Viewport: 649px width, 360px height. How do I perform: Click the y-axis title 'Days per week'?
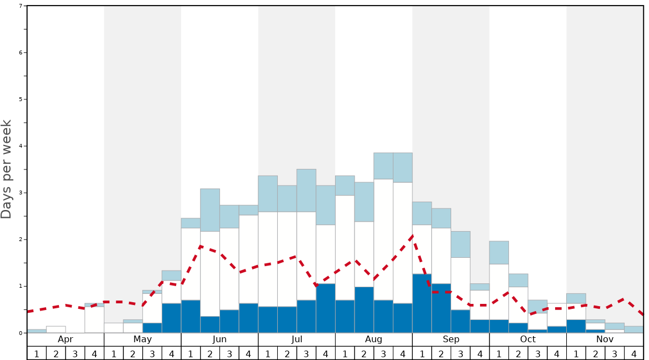pos(7,169)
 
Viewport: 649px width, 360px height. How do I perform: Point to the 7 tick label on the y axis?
pos(21,6)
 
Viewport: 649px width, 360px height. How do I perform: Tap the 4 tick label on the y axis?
pos(21,146)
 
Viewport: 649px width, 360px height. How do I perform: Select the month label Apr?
pos(66,339)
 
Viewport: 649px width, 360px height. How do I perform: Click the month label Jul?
pos(297,339)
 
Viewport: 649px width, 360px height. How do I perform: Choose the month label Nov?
pos(605,339)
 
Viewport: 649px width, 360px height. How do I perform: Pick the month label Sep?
pos(451,339)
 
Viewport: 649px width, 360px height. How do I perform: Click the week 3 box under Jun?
pos(229,353)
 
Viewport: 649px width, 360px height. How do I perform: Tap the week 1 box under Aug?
pos(345,353)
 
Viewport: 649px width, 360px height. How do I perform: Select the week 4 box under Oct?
pos(557,353)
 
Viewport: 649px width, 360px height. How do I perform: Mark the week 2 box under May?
pos(133,353)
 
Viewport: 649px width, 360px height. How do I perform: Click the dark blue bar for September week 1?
pos(422,303)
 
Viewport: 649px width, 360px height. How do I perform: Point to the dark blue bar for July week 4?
pos(326,308)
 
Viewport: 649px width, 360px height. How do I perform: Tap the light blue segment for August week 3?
pos(383,166)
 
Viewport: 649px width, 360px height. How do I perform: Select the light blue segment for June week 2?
pos(210,210)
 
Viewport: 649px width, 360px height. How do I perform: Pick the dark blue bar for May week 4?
pos(172,318)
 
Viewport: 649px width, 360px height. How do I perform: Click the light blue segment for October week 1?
pos(499,252)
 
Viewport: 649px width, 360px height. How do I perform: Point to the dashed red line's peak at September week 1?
pos(412,235)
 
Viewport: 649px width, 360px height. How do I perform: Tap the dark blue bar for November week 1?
pos(576,326)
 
